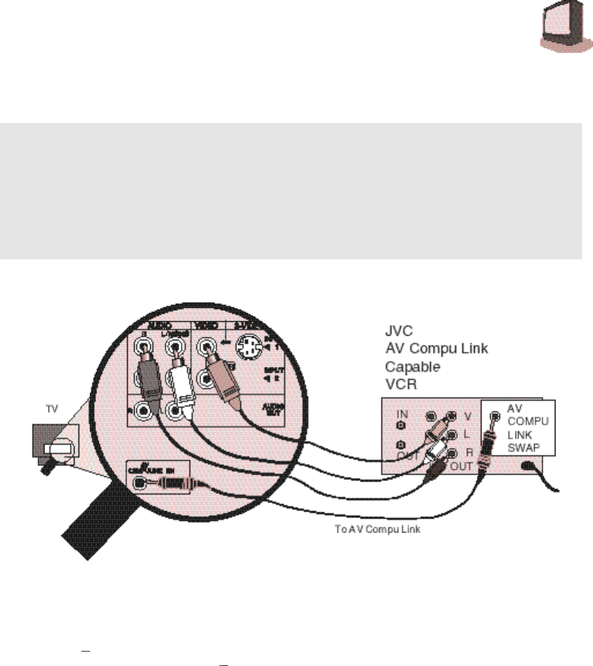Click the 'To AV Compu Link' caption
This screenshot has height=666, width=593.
[x=378, y=529]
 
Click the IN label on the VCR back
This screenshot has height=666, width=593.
[x=402, y=415]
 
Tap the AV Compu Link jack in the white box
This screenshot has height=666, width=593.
[x=494, y=415]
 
